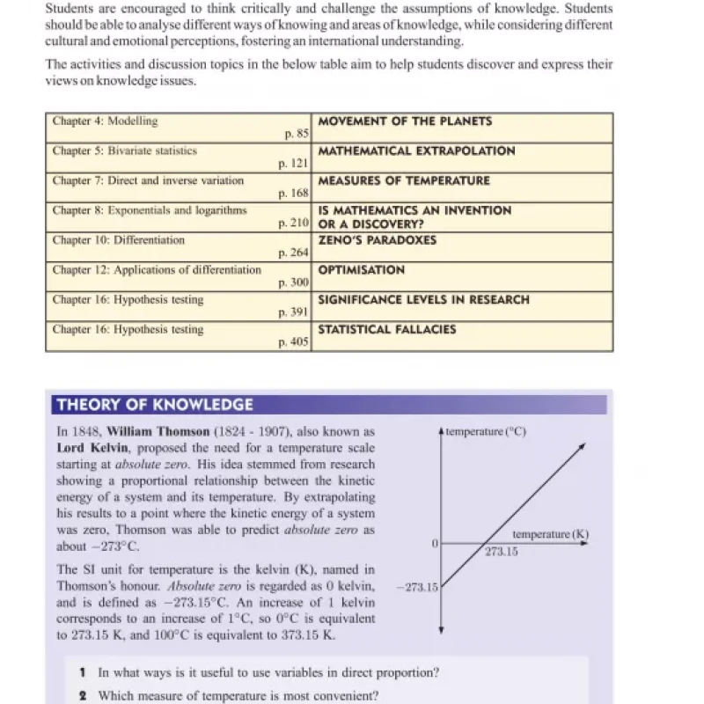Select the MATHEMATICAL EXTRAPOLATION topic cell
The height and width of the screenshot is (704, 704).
tap(416, 151)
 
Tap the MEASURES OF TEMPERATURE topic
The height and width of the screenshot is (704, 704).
tap(404, 181)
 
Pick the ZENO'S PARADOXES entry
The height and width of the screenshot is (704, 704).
tap(377, 240)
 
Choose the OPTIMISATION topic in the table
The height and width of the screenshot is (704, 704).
tap(362, 270)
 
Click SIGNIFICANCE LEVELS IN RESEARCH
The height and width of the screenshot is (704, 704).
tap(423, 300)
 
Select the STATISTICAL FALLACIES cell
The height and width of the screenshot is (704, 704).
tap(386, 330)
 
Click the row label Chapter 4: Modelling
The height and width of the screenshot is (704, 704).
tap(105, 121)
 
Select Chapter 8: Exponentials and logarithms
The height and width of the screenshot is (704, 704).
tap(149, 210)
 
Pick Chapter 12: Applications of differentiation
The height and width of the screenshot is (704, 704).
tap(157, 270)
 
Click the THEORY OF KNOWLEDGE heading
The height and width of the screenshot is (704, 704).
tap(154, 406)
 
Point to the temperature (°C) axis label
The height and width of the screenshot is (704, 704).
tap(486, 432)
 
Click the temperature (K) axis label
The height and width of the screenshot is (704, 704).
tap(550, 534)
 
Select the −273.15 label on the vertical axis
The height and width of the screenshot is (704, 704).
tap(421, 587)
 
